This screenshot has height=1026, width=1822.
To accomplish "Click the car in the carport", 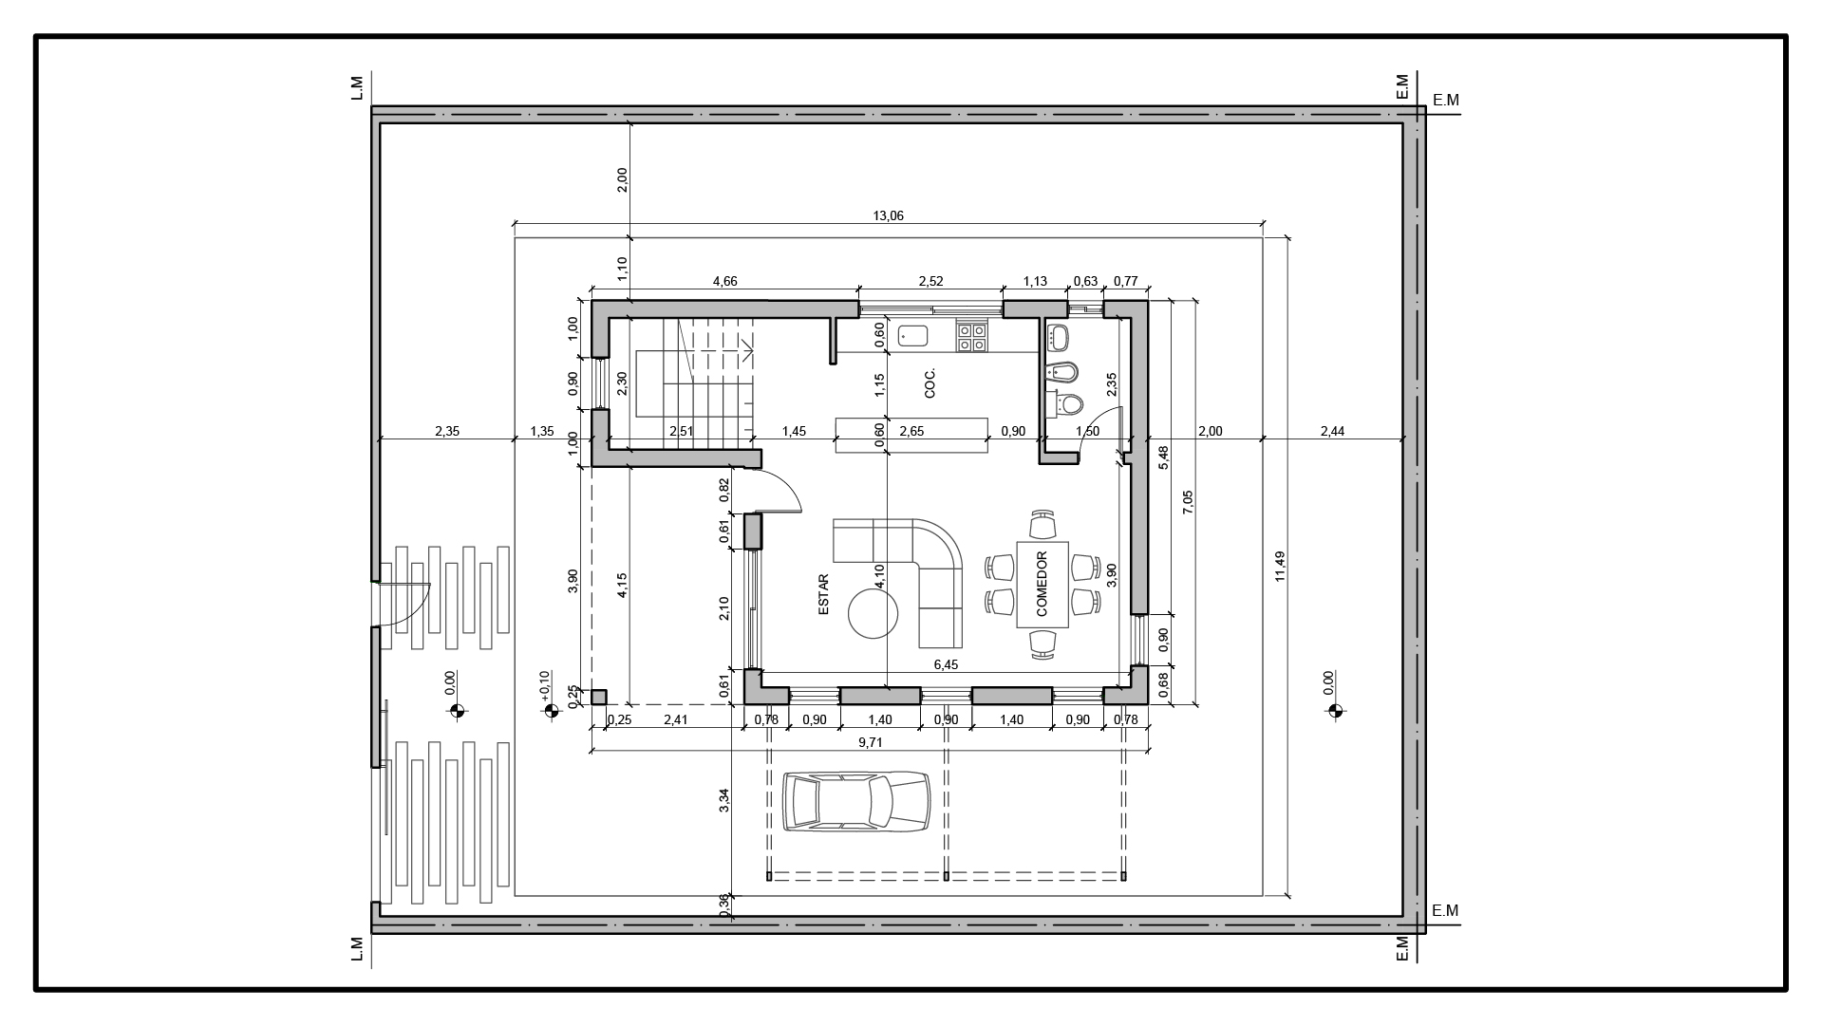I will coord(856,802).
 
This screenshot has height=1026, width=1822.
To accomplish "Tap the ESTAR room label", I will coord(823,594).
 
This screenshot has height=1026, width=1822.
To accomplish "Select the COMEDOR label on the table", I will coord(1042,584).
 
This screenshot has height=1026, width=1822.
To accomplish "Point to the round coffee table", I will coord(873,614).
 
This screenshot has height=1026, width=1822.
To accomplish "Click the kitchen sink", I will coord(913,335).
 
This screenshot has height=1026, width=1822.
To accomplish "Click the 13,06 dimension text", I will coord(888,216).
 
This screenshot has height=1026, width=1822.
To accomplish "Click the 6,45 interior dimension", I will coord(946,665).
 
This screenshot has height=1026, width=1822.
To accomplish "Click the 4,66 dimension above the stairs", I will coord(724,281).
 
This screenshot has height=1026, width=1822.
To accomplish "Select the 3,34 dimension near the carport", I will coord(724,800).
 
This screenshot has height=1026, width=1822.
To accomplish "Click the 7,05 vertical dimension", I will coord(1188,502).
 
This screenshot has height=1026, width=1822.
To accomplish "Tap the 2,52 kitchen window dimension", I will coord(930,281).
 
